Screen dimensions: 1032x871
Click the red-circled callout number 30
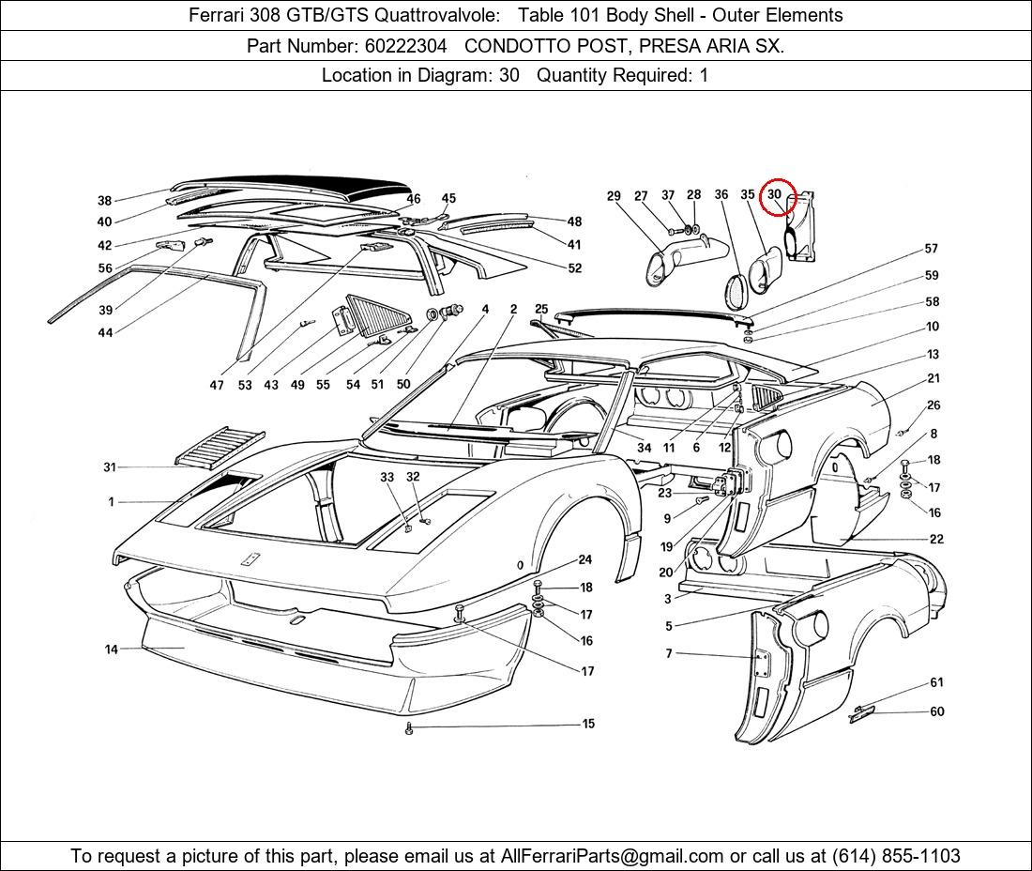[774, 194]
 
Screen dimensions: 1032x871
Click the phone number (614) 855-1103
[896, 856]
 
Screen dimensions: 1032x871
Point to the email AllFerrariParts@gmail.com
[612, 856]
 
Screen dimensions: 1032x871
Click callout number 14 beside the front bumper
[112, 649]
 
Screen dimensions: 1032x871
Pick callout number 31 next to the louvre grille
[110, 466]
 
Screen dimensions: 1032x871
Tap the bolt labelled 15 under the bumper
[409, 728]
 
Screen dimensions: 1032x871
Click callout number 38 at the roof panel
[105, 200]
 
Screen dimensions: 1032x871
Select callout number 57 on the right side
[932, 248]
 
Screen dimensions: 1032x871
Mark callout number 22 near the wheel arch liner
[936, 539]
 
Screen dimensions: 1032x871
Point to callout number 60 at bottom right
[937, 711]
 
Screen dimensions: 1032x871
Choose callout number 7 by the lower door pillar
[669, 653]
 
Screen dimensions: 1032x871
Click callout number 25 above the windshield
[541, 309]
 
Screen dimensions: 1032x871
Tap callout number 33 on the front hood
[387, 477]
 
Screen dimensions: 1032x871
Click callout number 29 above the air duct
[614, 195]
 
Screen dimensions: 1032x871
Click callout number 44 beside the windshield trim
[105, 332]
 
